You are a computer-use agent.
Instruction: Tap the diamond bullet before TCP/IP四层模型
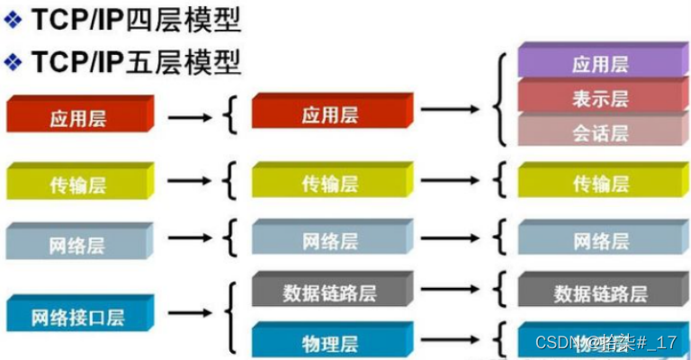tap(13, 19)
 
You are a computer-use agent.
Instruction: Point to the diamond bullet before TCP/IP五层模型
tap(13, 62)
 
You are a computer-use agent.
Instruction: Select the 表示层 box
tap(597, 97)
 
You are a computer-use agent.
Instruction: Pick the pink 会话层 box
tap(597, 131)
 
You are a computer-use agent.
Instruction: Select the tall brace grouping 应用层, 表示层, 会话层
tap(499, 99)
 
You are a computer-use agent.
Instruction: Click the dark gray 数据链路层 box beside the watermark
tap(597, 292)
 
